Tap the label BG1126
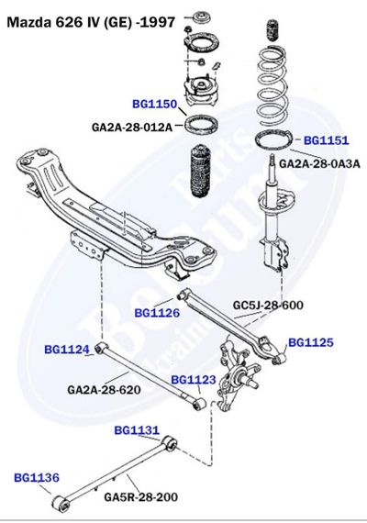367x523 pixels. click(157, 313)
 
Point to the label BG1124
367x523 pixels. click(67, 350)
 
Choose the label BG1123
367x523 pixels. click(194, 379)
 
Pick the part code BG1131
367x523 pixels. click(137, 429)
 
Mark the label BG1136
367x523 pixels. click(37, 477)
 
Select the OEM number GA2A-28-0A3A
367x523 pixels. click(320, 163)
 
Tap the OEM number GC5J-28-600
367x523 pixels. click(268, 305)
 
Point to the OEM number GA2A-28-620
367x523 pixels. click(104, 390)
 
